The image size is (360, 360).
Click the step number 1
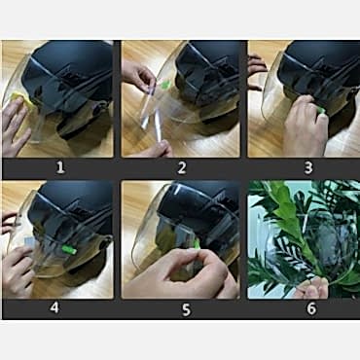click(x=60, y=167)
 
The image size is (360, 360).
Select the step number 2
click(x=182, y=167)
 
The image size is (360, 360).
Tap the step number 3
click(x=308, y=167)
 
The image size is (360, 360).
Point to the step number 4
click(x=54, y=307)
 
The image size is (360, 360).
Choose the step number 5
click(x=186, y=309)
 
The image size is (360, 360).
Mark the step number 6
click(x=311, y=308)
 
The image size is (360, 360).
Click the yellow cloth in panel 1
click(x=22, y=97)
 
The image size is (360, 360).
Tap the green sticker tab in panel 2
click(x=165, y=85)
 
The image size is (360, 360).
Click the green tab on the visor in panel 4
click(x=69, y=250)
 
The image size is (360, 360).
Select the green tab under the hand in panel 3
click(x=321, y=110)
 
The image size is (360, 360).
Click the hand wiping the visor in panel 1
click(x=15, y=126)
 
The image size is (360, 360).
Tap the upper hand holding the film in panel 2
click(x=138, y=74)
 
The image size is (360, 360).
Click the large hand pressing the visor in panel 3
click(x=305, y=126)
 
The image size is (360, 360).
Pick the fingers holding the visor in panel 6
click(x=312, y=288)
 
